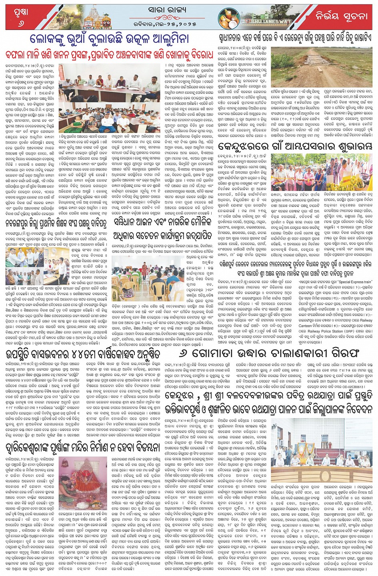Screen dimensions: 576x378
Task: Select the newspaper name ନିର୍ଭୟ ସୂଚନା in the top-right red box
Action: [x=341, y=16]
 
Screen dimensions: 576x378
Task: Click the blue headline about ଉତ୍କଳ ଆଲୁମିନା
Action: [x=109, y=39]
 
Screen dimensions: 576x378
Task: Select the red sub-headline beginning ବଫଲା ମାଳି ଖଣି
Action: [x=109, y=54]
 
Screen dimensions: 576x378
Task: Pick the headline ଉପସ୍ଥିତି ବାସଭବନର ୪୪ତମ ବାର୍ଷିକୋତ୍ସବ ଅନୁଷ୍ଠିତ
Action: [x=83, y=354]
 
